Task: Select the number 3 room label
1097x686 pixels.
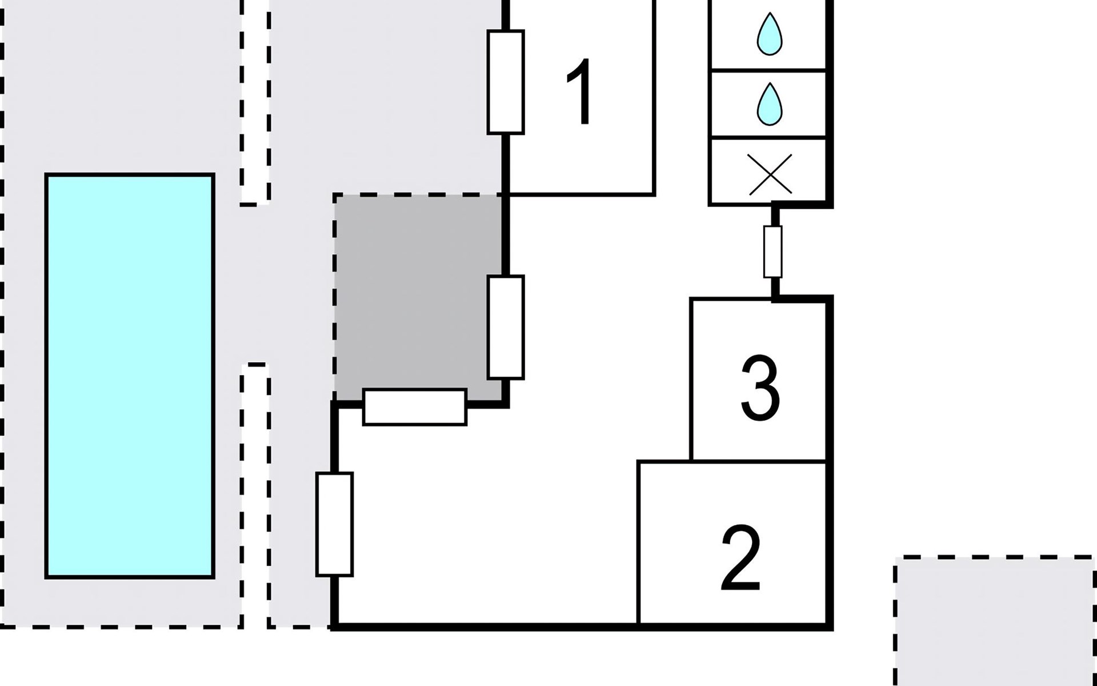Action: [760, 388]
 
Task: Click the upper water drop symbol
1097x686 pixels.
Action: [769, 34]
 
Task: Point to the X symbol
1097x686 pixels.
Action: [770, 173]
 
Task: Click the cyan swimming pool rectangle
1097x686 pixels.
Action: [130, 376]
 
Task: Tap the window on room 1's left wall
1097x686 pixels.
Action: [506, 82]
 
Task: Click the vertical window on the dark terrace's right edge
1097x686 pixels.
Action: [506, 327]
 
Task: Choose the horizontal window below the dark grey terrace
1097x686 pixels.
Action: [415, 407]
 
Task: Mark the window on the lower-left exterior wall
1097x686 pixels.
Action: [335, 524]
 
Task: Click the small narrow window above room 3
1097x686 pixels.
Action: [773, 252]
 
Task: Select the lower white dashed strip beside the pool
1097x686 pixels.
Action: [255, 495]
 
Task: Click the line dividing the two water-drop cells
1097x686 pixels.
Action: [767, 70]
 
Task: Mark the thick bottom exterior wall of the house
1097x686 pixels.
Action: [582, 627]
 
